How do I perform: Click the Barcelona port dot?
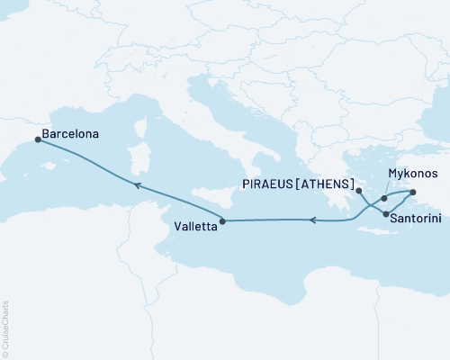click(x=37, y=139)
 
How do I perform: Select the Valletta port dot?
click(x=222, y=220)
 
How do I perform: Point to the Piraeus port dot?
click(x=358, y=191)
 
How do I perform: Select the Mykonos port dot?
click(x=384, y=198)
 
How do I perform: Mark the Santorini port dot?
click(x=386, y=214)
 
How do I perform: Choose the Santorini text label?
click(x=418, y=217)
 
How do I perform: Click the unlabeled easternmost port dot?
click(x=413, y=193)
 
